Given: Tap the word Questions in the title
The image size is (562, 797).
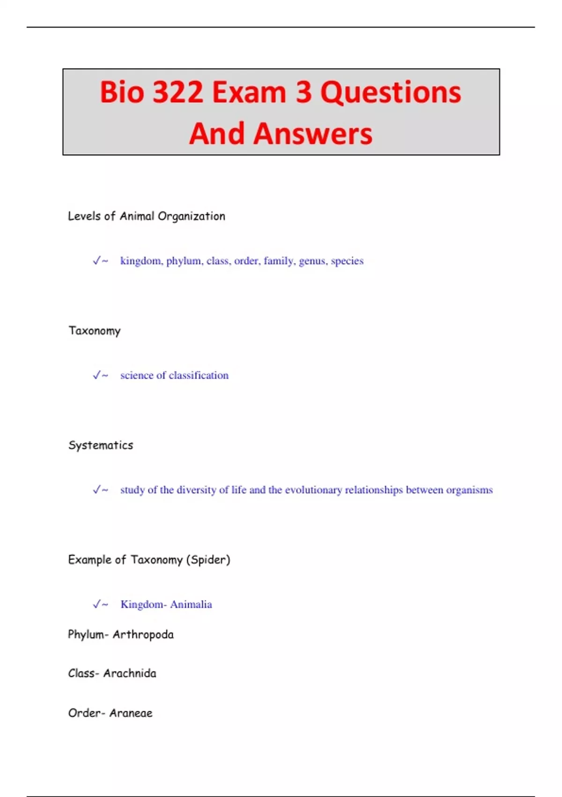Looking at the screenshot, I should [x=391, y=92].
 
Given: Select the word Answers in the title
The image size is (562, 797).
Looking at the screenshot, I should [x=312, y=134].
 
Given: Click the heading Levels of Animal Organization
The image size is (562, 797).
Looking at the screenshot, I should [x=147, y=216].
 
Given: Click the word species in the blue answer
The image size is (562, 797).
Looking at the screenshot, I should [x=347, y=261].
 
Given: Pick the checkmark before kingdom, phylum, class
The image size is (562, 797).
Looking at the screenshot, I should [x=97, y=261].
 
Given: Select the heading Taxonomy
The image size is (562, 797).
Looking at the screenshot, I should [x=95, y=331].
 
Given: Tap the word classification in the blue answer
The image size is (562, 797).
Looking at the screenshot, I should [x=199, y=376].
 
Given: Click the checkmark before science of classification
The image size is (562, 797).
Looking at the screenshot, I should [x=97, y=375].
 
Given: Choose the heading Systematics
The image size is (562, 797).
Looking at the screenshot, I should [x=101, y=445].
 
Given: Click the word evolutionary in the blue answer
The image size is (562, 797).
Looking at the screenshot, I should [x=313, y=490].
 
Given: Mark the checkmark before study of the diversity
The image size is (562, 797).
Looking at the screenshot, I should [x=97, y=489].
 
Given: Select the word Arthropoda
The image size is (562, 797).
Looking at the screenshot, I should [x=143, y=635].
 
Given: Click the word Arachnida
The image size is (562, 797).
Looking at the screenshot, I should [x=130, y=674].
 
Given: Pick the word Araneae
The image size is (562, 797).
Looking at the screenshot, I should [x=131, y=713].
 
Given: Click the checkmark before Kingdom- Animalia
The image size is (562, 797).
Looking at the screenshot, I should [x=97, y=604].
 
